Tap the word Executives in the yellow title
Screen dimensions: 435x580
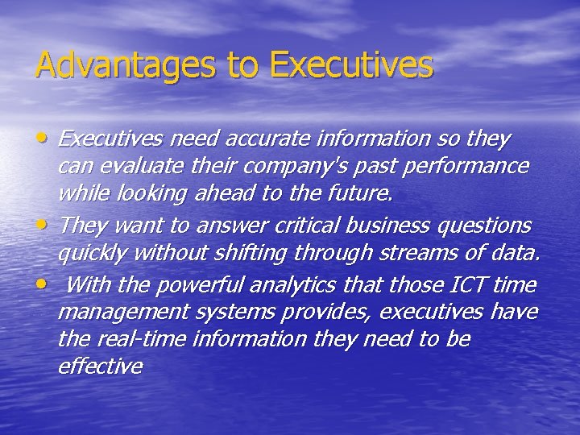click(352, 65)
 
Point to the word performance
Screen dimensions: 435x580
click(472, 167)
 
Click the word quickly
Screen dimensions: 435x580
click(93, 254)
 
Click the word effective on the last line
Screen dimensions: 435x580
click(100, 367)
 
